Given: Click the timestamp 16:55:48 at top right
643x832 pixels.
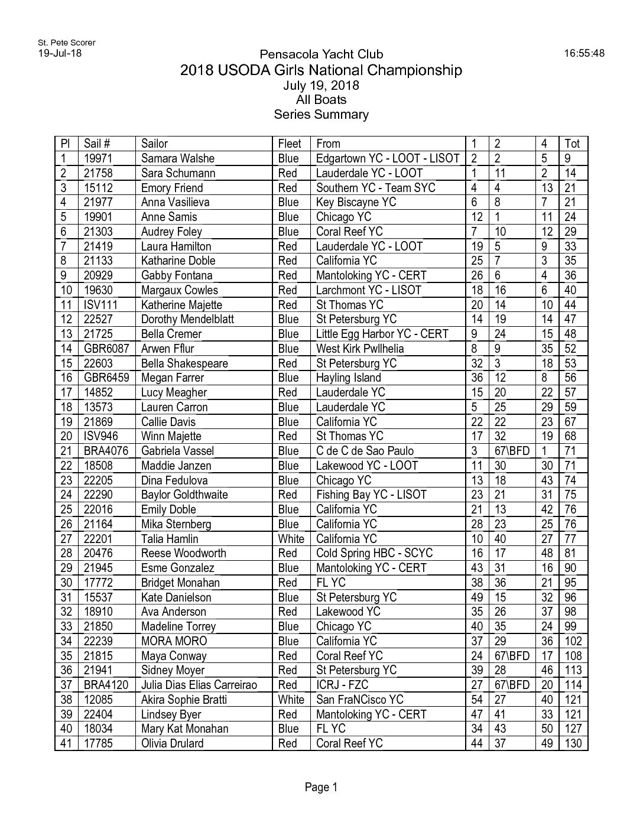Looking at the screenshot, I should [x=584, y=53].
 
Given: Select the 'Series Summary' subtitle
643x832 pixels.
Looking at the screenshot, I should [x=321, y=115].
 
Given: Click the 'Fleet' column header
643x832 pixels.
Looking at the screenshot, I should [x=290, y=144].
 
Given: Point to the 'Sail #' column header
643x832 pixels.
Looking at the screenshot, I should [x=97, y=144].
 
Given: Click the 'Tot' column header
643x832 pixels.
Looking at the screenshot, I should [x=572, y=144].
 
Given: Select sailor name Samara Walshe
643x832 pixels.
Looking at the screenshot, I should [x=177, y=158].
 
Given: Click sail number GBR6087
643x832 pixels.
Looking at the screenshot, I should [x=106, y=349].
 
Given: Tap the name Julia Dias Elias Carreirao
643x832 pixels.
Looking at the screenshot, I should [x=199, y=685].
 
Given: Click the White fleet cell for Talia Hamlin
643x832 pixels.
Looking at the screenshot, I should [x=291, y=539].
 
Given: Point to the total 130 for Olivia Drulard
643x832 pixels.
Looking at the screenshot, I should [x=573, y=743].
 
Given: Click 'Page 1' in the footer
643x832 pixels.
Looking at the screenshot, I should [x=321, y=786].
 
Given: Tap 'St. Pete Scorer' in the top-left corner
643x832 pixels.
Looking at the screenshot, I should [x=66, y=43].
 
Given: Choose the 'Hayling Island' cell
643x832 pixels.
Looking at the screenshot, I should [x=348, y=378].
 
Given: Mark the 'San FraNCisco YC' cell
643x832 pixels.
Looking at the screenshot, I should [x=359, y=700].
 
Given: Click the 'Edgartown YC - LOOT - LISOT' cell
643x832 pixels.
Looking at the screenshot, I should [x=387, y=158].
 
